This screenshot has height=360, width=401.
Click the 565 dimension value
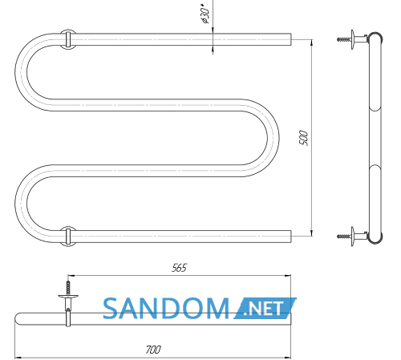point(179,268)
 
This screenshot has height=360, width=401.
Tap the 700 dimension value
point(153,350)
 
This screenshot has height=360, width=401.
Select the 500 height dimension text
point(303,138)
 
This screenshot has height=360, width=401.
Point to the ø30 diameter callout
point(205,14)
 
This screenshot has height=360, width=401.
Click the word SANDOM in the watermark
point(166,309)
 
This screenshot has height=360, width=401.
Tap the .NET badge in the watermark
point(265,308)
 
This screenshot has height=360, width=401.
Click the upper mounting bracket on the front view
point(68,39)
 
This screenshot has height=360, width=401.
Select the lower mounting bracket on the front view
point(68,237)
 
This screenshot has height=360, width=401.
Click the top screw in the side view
point(344,39)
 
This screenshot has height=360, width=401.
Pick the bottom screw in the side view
point(344,237)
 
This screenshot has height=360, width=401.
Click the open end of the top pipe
point(290,39)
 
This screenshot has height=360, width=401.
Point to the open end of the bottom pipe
point(290,237)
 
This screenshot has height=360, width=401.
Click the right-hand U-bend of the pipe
point(273,138)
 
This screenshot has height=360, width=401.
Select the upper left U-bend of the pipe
point(21,72)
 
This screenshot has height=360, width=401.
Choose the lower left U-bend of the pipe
point(21,204)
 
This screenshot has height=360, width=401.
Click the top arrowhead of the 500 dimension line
point(311,42)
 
